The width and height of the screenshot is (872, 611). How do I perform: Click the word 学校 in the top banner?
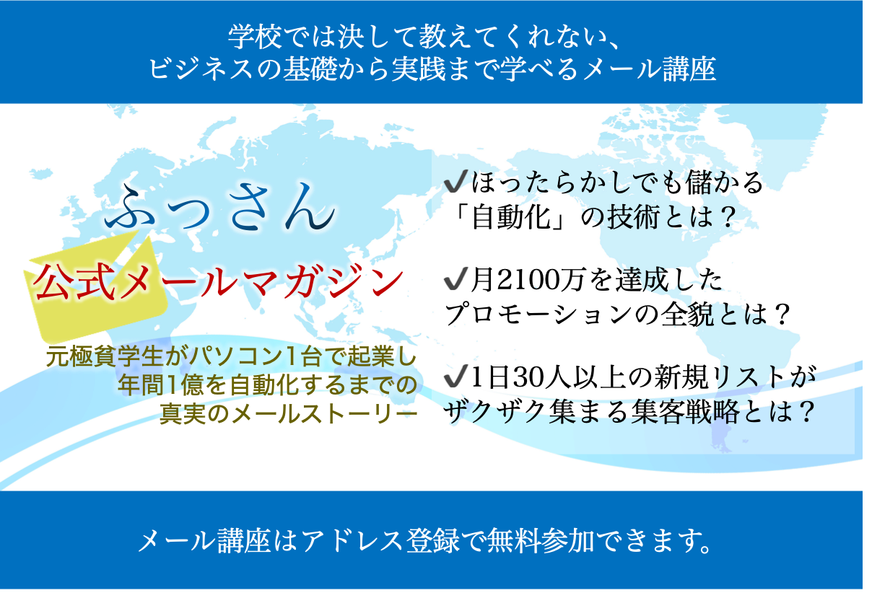pos(255,37)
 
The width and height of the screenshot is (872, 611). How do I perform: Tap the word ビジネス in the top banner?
pos(201,69)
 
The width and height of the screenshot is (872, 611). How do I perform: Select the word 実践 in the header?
pos(419,69)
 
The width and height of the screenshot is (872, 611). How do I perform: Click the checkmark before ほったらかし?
pos(455,181)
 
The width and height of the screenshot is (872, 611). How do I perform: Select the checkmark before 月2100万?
pos(455,278)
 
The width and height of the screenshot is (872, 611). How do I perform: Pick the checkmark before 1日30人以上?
pos(455,376)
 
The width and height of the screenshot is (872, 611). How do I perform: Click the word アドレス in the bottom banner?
pos(352,541)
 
